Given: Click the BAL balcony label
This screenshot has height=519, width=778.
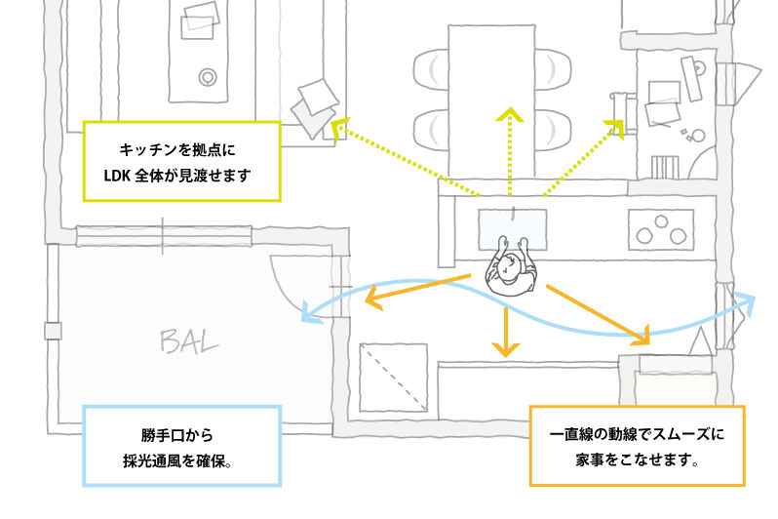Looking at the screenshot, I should [189, 340].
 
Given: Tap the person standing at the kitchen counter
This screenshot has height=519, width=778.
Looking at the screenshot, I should [511, 272].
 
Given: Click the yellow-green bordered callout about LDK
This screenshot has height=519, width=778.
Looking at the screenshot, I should [182, 162].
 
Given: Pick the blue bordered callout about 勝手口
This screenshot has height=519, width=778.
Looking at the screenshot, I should [182, 444].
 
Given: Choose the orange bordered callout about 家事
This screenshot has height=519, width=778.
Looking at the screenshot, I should [637, 444].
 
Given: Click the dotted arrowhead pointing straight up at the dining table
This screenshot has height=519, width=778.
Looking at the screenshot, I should [509, 115].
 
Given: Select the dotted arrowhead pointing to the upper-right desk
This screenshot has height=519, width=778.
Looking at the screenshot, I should [616, 126].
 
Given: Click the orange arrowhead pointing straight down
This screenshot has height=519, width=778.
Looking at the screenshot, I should [504, 348].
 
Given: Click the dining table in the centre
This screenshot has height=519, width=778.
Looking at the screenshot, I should [491, 98].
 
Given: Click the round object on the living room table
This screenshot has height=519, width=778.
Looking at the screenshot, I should [208, 76].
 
